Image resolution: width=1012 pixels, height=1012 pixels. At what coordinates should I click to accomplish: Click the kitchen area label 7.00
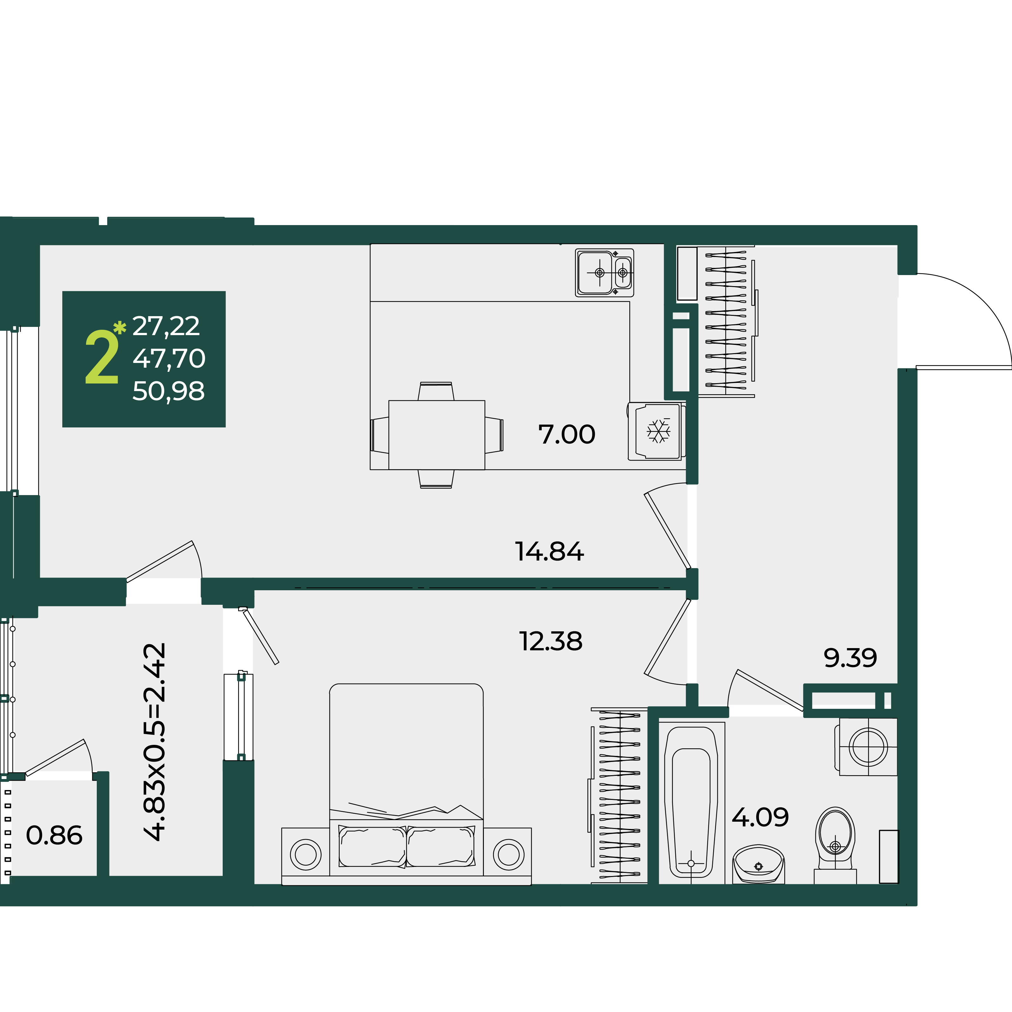(x=566, y=434)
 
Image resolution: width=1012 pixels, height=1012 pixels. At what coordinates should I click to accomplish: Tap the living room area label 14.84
(x=549, y=552)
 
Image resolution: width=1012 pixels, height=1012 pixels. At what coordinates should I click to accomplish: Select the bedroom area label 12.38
(x=550, y=641)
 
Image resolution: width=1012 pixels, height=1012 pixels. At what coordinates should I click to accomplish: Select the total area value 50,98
(x=168, y=391)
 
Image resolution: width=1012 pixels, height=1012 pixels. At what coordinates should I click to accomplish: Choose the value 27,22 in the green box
(x=166, y=326)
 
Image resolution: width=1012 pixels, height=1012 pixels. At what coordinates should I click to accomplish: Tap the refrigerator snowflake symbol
(x=658, y=431)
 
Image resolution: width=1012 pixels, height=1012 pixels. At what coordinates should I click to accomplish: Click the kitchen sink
(x=604, y=273)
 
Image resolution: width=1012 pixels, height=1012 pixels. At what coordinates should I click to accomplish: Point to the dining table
(x=436, y=435)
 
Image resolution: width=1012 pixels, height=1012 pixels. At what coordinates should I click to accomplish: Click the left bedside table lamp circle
(x=305, y=854)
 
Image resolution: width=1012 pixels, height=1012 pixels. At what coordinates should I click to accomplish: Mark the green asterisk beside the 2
(x=120, y=328)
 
